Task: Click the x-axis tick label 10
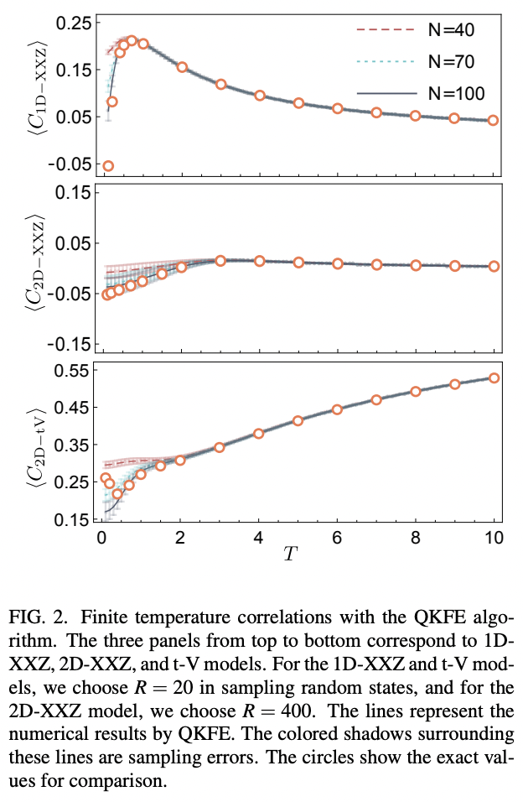click(494, 538)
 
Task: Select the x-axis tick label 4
click(258, 538)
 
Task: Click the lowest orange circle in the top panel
click(108, 166)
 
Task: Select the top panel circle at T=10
click(494, 120)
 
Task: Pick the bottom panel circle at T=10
click(494, 378)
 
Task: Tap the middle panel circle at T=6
click(337, 263)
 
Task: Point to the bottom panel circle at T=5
click(298, 420)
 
